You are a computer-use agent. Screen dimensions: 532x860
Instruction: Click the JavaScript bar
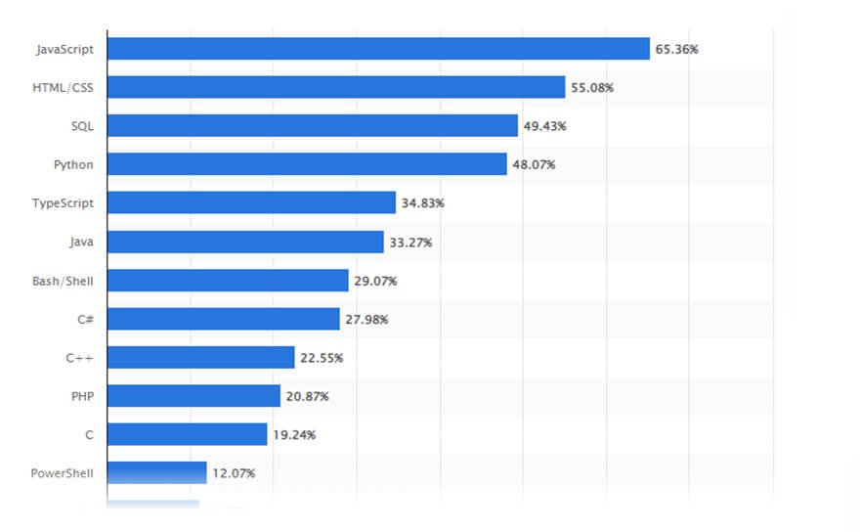[x=378, y=49]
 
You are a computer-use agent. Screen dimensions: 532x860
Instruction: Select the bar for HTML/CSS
[x=336, y=87]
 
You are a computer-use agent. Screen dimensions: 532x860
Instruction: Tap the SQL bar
[x=313, y=126]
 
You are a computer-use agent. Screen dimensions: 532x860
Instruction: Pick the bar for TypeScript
[x=251, y=202]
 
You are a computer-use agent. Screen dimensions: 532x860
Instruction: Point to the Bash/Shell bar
[x=228, y=281]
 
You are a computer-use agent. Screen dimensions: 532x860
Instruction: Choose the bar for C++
[x=200, y=357]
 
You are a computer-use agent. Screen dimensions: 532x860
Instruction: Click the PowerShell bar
[x=156, y=472]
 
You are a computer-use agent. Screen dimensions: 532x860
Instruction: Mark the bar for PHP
[x=193, y=396]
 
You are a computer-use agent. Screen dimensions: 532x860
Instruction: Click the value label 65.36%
[x=677, y=49]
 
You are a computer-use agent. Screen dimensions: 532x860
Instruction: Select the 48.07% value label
[x=535, y=164]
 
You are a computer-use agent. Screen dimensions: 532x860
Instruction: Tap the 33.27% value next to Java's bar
[x=410, y=242]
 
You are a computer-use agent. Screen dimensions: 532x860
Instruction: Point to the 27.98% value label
[x=366, y=319]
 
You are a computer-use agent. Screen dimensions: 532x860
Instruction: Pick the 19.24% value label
[x=295, y=434]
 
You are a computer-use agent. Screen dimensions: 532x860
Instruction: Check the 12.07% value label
[x=235, y=473]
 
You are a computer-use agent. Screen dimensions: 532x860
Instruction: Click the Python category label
[x=73, y=164]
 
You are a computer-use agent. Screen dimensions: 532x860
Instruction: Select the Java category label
[x=81, y=242]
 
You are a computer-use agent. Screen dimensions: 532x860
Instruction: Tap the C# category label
[x=85, y=319]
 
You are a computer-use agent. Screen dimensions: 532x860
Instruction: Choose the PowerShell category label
[x=63, y=473]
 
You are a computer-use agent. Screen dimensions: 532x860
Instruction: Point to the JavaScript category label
[x=64, y=49]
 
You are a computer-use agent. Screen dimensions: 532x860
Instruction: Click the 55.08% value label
[x=592, y=87]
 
